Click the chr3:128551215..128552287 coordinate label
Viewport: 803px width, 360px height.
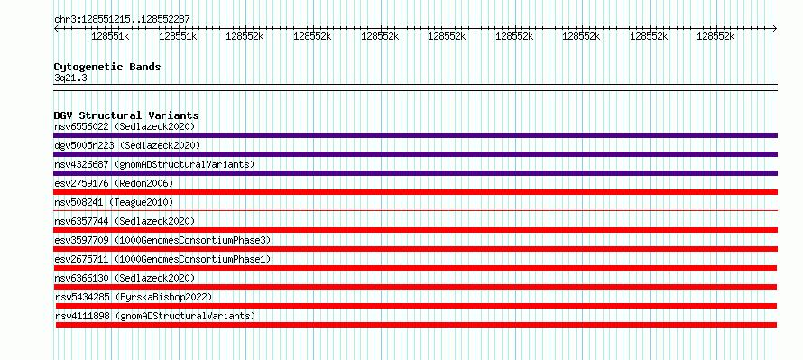click(x=122, y=20)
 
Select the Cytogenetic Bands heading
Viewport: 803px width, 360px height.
click(x=107, y=67)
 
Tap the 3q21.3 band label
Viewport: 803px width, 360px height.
click(x=70, y=78)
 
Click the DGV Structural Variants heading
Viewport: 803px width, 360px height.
click(x=126, y=115)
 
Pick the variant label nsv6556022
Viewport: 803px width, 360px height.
click(x=81, y=126)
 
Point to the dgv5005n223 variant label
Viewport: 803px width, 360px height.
click(x=85, y=145)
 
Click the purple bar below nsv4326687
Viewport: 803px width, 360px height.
click(x=415, y=173)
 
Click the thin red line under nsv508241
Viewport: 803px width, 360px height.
click(x=415, y=210)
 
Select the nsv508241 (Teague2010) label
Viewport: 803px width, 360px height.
click(x=114, y=202)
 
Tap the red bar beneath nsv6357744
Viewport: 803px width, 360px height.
click(x=415, y=230)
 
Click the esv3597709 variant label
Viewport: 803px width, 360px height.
click(x=81, y=240)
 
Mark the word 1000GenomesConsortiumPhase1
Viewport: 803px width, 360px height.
click(x=192, y=259)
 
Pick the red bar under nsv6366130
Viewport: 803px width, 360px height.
click(x=415, y=287)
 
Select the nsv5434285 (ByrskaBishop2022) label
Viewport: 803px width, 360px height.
click(x=134, y=297)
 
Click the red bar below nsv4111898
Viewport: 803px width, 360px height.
click(x=416, y=325)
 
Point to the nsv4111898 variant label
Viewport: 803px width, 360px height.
click(x=82, y=316)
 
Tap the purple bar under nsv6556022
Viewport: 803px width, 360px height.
click(x=415, y=135)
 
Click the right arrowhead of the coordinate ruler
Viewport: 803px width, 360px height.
click(x=775, y=29)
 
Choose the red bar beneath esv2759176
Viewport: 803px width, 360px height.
click(x=415, y=192)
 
